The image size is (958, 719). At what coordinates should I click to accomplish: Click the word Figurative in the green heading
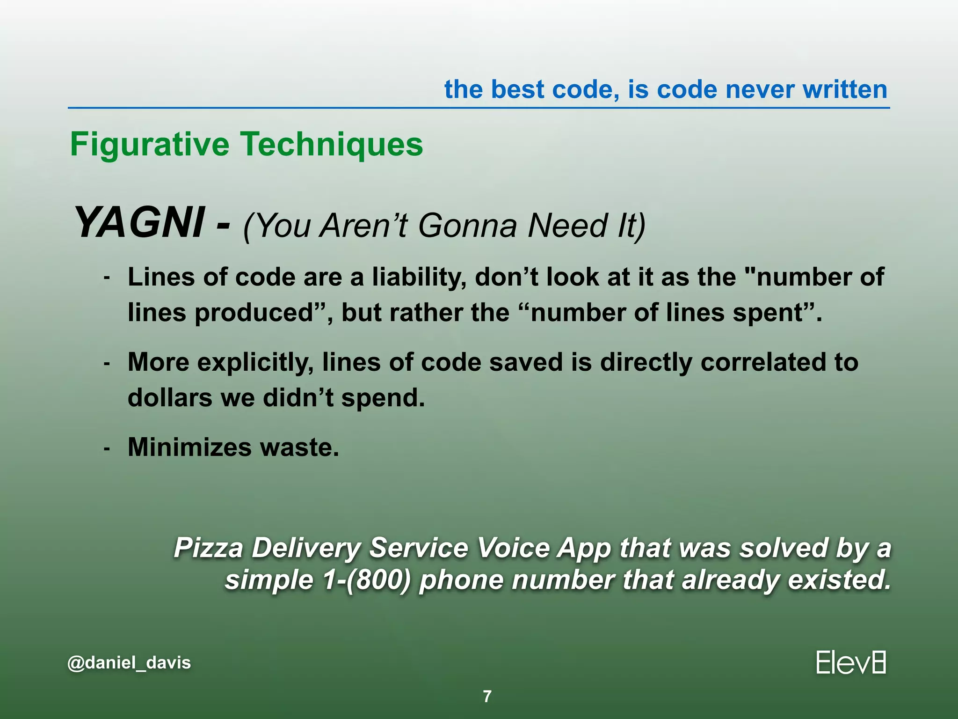pos(150,144)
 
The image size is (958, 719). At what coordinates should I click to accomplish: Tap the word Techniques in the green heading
pos(332,144)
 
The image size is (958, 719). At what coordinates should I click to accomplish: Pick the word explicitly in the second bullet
pos(255,363)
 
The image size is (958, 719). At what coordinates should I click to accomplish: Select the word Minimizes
pos(190,447)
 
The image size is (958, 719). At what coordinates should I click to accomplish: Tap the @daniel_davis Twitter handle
pos(129,663)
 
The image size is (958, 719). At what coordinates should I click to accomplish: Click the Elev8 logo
pos(851,663)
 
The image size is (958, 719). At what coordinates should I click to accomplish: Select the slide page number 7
pos(487,697)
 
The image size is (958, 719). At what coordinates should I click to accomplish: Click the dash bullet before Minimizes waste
pos(107,448)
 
